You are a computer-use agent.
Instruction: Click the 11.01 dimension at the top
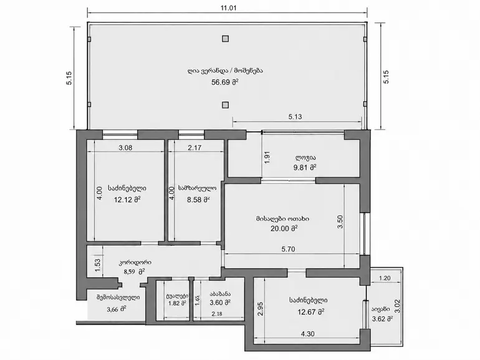coord(228,8)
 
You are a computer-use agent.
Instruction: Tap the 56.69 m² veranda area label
coord(225,82)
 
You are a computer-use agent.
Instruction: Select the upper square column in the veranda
coord(225,39)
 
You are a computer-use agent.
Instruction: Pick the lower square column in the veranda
coord(225,105)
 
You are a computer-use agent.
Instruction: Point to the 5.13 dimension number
coord(295,117)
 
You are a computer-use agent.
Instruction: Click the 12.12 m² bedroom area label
coord(127,200)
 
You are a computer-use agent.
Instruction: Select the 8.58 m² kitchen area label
coord(198,200)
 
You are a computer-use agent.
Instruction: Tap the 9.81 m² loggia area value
coord(305,167)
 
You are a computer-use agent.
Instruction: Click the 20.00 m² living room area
coord(284,228)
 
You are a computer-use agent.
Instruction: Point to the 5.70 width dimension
coord(289,249)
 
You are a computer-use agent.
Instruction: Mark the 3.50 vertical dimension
coord(340,222)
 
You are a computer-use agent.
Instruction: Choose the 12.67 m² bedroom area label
coord(311,312)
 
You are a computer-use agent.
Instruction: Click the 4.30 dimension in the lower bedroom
coord(308,334)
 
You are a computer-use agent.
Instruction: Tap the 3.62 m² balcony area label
coord(383,319)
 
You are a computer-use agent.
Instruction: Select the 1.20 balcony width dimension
coord(385,278)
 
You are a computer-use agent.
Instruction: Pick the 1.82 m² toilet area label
coord(177,303)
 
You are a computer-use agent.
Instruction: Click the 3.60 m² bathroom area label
coord(220,303)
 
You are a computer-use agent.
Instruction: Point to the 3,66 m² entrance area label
coord(117,309)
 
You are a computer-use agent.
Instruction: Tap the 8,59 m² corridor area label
coord(135,271)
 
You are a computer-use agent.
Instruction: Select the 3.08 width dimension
coord(125,148)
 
